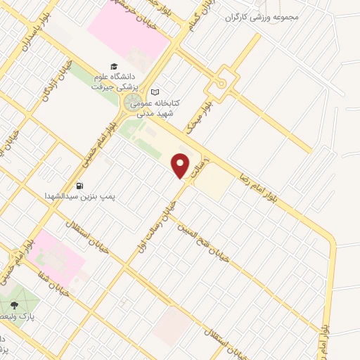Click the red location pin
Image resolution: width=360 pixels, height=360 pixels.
(181, 167)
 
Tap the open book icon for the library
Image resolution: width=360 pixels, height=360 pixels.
(155, 91)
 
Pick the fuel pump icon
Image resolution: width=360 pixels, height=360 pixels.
(79, 186)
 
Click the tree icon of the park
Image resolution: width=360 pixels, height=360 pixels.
(14, 305)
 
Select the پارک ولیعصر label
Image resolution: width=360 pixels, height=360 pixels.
(27, 316)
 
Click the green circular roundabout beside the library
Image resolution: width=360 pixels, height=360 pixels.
(133, 104)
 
